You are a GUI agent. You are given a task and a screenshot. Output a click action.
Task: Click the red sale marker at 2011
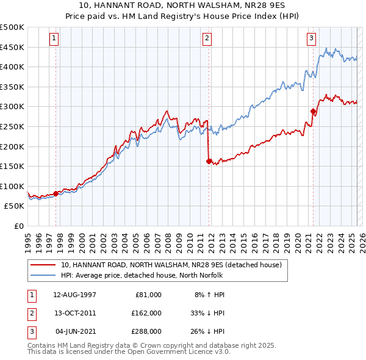tap(209, 162)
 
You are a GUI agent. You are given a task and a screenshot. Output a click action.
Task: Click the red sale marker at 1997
tap(56, 193)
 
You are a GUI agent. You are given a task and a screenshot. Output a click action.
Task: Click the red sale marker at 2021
tap(313, 111)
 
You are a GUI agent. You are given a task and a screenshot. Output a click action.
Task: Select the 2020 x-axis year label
tap(297, 240)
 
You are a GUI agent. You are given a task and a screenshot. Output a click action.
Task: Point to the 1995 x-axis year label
tap(27, 240)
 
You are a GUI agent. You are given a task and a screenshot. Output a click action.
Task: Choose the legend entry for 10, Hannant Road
tap(171, 265)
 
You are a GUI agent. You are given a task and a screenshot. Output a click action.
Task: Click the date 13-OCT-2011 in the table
tap(74, 312)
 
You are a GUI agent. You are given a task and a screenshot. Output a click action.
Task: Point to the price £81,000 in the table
tap(147, 294)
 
